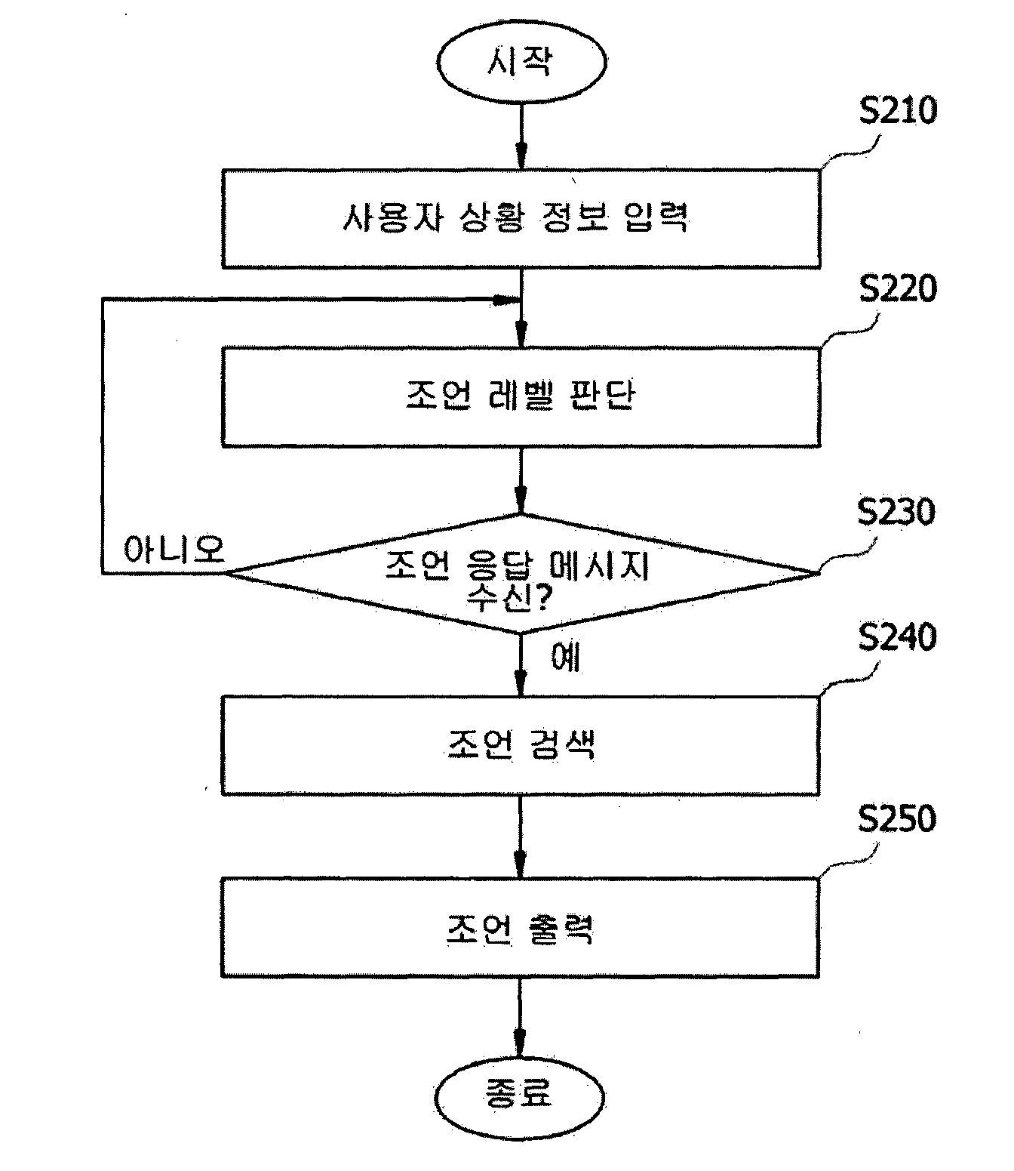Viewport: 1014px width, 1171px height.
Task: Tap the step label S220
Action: (x=898, y=289)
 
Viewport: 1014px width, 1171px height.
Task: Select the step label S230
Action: (x=896, y=512)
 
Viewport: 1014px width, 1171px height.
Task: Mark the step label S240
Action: (x=897, y=637)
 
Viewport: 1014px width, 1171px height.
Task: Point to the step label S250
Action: (x=897, y=819)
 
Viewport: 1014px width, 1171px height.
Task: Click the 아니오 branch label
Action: (x=174, y=549)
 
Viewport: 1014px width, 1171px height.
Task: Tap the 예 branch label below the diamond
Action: (x=566, y=657)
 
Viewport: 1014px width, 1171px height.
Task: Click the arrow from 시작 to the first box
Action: (x=521, y=136)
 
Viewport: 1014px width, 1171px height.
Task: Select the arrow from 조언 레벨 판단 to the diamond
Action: (x=521, y=480)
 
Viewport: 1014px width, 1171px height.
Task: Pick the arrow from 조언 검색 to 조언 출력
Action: (x=521, y=837)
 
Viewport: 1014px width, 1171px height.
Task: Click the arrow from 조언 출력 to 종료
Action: (x=520, y=1018)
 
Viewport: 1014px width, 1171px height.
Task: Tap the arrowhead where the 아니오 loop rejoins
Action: (x=505, y=300)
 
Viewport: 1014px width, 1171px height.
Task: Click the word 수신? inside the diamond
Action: (x=509, y=598)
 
